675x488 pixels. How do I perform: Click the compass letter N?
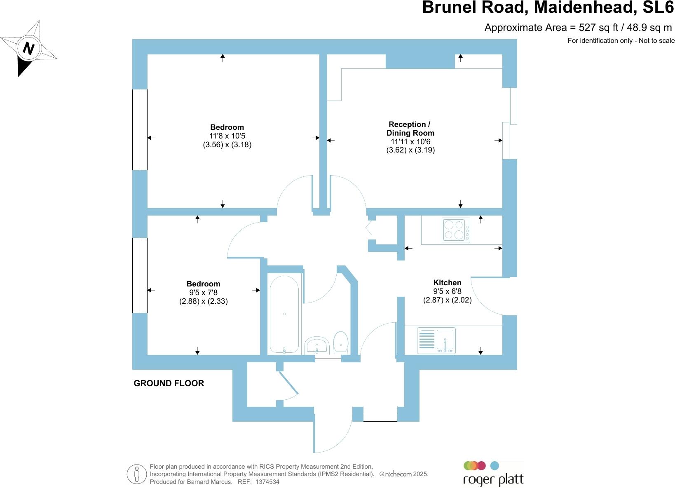(28, 48)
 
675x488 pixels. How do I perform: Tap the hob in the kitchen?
(456, 230)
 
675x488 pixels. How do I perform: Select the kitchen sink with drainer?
(436, 340)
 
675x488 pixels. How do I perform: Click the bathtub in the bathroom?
(284, 314)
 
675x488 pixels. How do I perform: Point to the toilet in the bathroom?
(340, 342)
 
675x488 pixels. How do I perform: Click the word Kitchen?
(447, 283)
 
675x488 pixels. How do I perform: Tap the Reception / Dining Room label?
(410, 129)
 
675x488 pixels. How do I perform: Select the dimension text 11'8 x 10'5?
(227, 136)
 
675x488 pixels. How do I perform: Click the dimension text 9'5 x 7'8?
(203, 293)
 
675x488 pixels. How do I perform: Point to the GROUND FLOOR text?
(169, 383)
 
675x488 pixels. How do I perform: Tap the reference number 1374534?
(267, 481)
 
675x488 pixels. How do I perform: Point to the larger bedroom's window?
(140, 129)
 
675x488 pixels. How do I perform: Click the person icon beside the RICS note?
(137, 474)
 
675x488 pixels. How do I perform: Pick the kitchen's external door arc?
(486, 297)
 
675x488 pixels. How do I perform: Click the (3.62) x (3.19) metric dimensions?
(410, 150)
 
